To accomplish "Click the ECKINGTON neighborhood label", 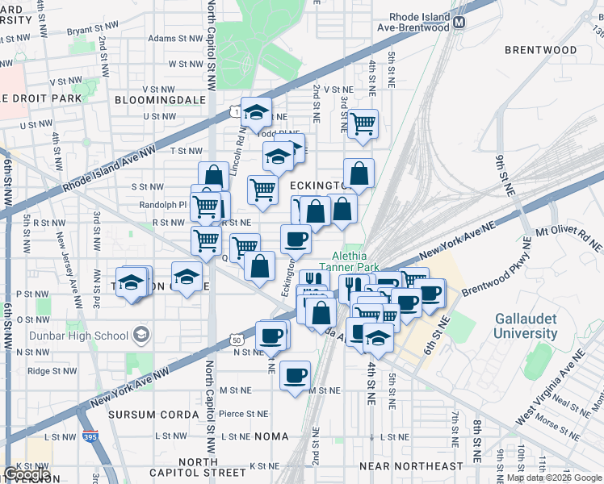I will [x=318, y=186].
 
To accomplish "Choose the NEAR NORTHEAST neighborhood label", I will [x=411, y=466].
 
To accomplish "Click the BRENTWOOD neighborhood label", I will [x=540, y=50].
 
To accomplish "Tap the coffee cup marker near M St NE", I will [x=296, y=374].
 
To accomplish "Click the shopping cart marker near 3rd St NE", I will [x=363, y=124].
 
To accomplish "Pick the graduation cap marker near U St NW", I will [x=256, y=112].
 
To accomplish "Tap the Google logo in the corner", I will [x=27, y=474].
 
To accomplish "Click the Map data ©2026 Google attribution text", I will [x=553, y=478].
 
